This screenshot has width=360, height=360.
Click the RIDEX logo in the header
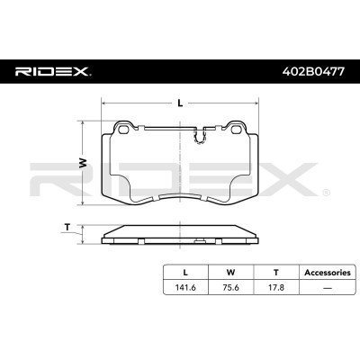click(51, 70)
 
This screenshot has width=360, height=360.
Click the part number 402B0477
click(308, 70)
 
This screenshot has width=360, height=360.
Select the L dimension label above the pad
click(181, 103)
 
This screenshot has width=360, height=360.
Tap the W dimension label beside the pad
click(84, 165)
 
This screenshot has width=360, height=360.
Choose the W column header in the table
click(231, 271)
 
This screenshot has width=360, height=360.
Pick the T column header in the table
click(275, 271)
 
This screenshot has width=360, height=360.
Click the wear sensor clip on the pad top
click(202, 137)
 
